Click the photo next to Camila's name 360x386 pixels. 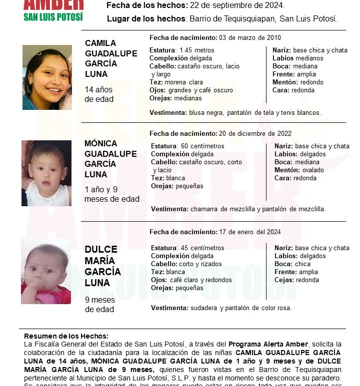pyautogui.click(x=47, y=77)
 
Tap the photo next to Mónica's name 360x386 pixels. pyautogui.click(x=46, y=173)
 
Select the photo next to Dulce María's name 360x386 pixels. pyautogui.click(x=46, y=271)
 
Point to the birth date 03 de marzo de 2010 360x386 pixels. pyautogui.click(x=250, y=38)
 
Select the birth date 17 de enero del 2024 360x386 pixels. pyautogui.click(x=250, y=232)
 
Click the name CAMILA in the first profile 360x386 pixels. pyautogui.click(x=100, y=43)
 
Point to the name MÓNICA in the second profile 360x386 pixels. pyautogui.click(x=100, y=143)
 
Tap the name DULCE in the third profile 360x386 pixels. pyautogui.click(x=100, y=250)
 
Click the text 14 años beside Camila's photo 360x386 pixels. pyautogui.click(x=98, y=90)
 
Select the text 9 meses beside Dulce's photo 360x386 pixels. pyautogui.click(x=100, y=300)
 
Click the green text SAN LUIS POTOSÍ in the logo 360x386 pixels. pyautogui.click(x=53, y=17)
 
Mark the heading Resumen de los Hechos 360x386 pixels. pyautogui.click(x=66, y=337)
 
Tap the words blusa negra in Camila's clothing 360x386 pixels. pyautogui.click(x=206, y=113)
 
